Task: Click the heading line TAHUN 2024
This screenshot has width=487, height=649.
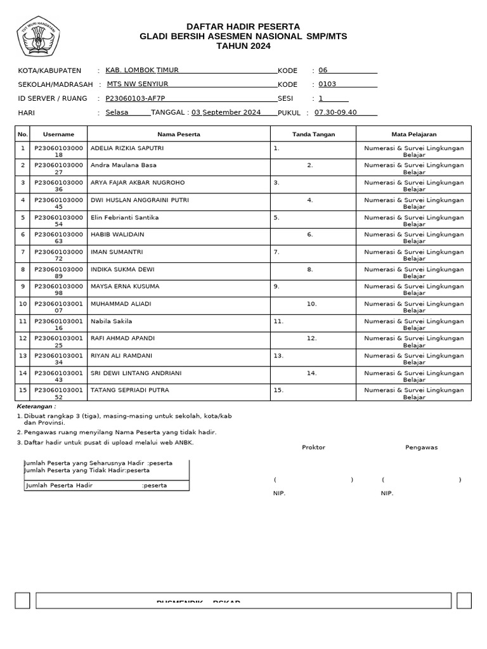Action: (x=243, y=46)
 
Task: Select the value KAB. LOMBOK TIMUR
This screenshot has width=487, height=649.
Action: (x=141, y=70)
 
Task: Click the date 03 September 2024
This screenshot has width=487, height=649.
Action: (x=226, y=112)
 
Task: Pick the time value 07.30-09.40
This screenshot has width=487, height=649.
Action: (x=335, y=112)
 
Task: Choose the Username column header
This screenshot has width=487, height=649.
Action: (x=58, y=134)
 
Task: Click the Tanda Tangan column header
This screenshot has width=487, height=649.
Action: (x=313, y=134)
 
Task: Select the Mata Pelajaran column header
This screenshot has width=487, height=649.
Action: (x=413, y=134)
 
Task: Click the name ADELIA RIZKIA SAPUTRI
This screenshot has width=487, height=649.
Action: (x=127, y=148)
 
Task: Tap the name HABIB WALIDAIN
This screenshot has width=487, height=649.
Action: (x=117, y=235)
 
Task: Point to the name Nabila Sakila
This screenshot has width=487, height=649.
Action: (x=112, y=321)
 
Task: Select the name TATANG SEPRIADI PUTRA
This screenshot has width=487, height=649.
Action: (x=130, y=390)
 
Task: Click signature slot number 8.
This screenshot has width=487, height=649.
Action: (x=310, y=269)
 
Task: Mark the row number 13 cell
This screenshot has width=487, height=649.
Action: (x=23, y=356)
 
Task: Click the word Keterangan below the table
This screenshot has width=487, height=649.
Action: (x=36, y=406)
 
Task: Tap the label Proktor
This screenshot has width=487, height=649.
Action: (x=313, y=447)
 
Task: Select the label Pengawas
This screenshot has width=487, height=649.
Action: (x=421, y=447)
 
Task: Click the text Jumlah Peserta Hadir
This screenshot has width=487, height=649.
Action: (x=59, y=485)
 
